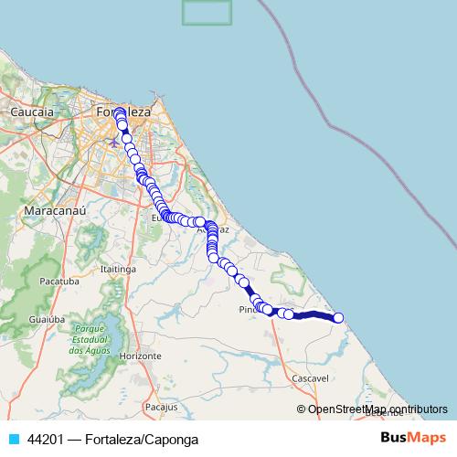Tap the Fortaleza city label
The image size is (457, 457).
click(123, 111)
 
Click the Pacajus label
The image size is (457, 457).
click(160, 404)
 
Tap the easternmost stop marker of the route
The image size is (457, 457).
click(338, 318)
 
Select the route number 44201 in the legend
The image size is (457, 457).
click(46, 439)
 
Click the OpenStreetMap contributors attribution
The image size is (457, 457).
click(377, 409)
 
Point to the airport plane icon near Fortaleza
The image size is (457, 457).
click(113, 142)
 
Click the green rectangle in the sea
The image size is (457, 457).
click(206, 12)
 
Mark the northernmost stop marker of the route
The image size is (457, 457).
click(119, 112)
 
